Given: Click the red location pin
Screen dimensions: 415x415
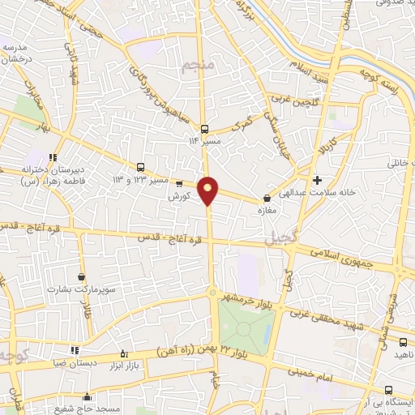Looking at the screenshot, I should point(208,190).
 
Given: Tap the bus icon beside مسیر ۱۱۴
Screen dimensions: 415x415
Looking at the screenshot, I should point(203,128).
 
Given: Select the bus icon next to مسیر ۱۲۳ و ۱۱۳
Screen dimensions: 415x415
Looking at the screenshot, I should point(141,165).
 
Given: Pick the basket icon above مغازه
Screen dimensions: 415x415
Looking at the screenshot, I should point(267,198).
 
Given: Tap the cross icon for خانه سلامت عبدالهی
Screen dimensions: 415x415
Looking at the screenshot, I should point(317,179).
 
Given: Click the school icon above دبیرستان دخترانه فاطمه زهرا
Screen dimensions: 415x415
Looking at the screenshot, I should point(53,158).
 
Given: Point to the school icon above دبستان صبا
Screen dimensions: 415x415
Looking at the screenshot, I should point(75,350).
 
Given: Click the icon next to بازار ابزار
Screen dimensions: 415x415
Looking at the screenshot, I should point(123,353).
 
